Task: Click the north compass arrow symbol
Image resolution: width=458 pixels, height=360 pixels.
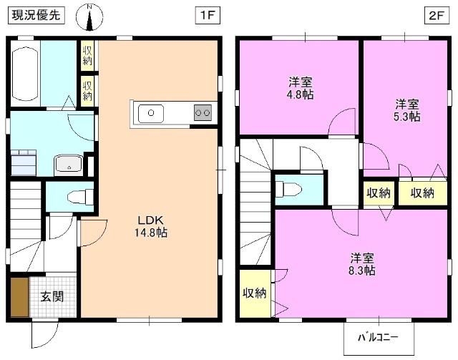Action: pos(90,18)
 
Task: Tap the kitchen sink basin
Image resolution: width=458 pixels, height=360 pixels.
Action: pos(151,112)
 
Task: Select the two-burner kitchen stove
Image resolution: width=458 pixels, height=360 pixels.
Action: pos(203,112)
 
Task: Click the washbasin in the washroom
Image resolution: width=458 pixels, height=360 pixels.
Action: pos(69,165)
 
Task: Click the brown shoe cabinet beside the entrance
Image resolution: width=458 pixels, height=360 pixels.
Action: pos(19,296)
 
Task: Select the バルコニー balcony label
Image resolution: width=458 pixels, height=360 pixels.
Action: pos(374,337)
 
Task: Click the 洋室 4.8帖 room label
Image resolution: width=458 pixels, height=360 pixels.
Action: pos(300,88)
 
